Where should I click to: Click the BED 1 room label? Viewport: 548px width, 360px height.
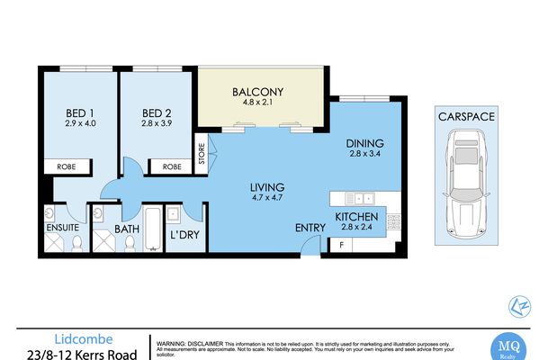pos(76,113)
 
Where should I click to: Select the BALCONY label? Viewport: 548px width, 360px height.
pos(257,92)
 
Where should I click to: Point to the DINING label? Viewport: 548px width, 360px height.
pos(364,143)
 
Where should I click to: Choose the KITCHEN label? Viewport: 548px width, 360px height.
pos(356,218)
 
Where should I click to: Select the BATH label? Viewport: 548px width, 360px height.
pos(125,229)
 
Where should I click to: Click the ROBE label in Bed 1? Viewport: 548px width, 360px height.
pos(66,166)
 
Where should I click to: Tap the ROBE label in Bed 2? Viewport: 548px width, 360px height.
pos(171,166)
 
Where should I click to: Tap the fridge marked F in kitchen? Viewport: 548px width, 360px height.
pos(342,245)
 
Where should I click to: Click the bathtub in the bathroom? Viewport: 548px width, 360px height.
pos(153,225)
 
